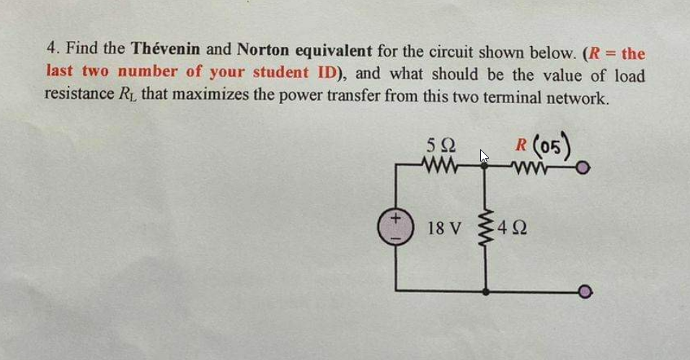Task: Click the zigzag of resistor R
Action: pyautogui.click(x=535, y=170)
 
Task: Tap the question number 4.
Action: pyautogui.click(x=50, y=51)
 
